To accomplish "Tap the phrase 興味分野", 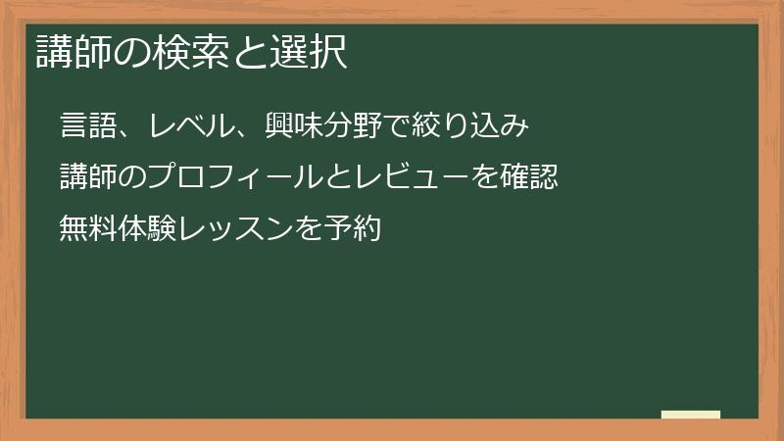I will point(304,127).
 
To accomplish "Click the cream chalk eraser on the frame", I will point(691,415).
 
